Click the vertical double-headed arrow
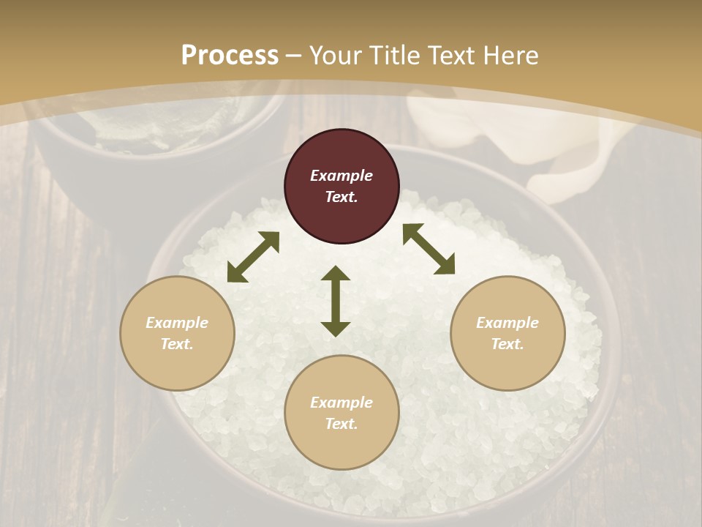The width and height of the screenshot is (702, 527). click(336, 301)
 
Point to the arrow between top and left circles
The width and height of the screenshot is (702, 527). click(253, 257)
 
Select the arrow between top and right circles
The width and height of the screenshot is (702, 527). click(429, 249)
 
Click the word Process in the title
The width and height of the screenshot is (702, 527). click(230, 56)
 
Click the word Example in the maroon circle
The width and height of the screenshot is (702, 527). click(341, 176)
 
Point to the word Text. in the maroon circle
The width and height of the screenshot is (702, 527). click(341, 197)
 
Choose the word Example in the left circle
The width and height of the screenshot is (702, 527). click(177, 323)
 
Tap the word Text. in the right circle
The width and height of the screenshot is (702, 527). click(507, 344)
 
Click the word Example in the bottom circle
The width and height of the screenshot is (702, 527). click(341, 403)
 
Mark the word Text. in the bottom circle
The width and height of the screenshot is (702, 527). click(341, 424)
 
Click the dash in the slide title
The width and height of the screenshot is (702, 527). click(294, 56)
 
